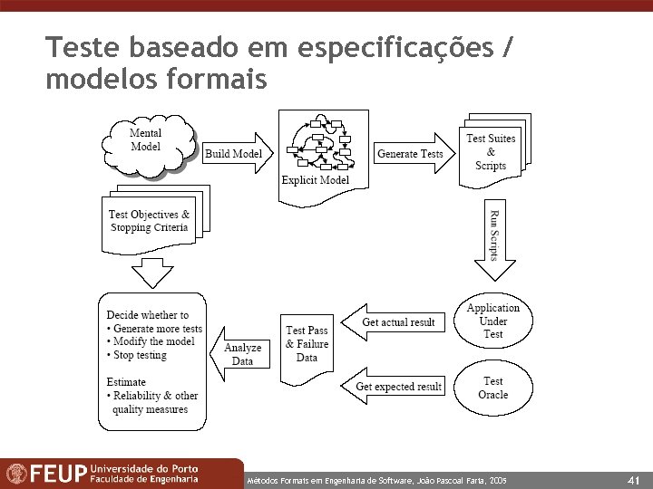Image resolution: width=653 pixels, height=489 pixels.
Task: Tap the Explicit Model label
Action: pos(315,180)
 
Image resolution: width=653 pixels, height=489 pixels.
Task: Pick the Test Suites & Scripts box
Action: pos(491,151)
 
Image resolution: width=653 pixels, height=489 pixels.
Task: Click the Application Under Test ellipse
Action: pos(492,321)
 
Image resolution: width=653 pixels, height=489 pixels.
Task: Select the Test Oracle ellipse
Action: pos(492,388)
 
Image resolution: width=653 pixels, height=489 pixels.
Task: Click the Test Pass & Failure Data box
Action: pos(307,344)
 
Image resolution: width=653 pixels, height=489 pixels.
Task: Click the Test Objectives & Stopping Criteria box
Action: pos(149,221)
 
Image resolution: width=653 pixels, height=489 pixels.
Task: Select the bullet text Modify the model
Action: pos(153,341)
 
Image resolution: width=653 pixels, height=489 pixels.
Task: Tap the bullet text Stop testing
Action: pos(140,355)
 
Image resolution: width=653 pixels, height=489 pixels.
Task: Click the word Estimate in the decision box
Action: pos(126,382)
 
